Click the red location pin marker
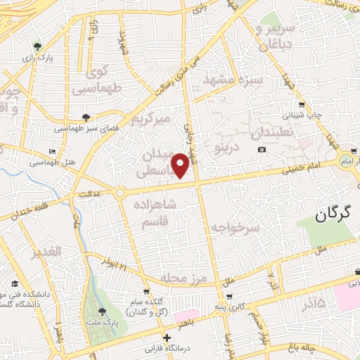181,165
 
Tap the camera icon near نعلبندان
262,149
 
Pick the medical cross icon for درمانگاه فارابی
165,338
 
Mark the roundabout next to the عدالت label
120,192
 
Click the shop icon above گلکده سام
146,290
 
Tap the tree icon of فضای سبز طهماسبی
86,118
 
